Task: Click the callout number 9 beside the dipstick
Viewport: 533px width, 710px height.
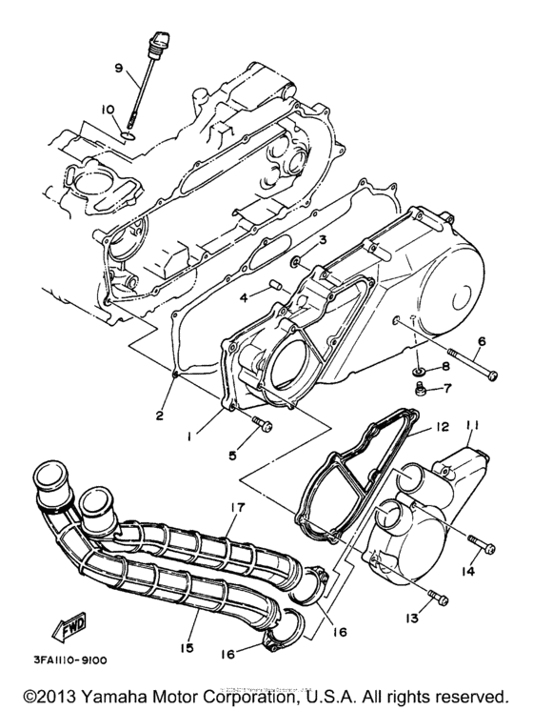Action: click(x=119, y=68)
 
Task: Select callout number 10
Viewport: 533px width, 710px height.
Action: click(x=109, y=110)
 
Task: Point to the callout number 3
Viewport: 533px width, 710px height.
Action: click(x=323, y=238)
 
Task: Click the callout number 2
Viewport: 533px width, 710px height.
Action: click(x=160, y=415)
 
